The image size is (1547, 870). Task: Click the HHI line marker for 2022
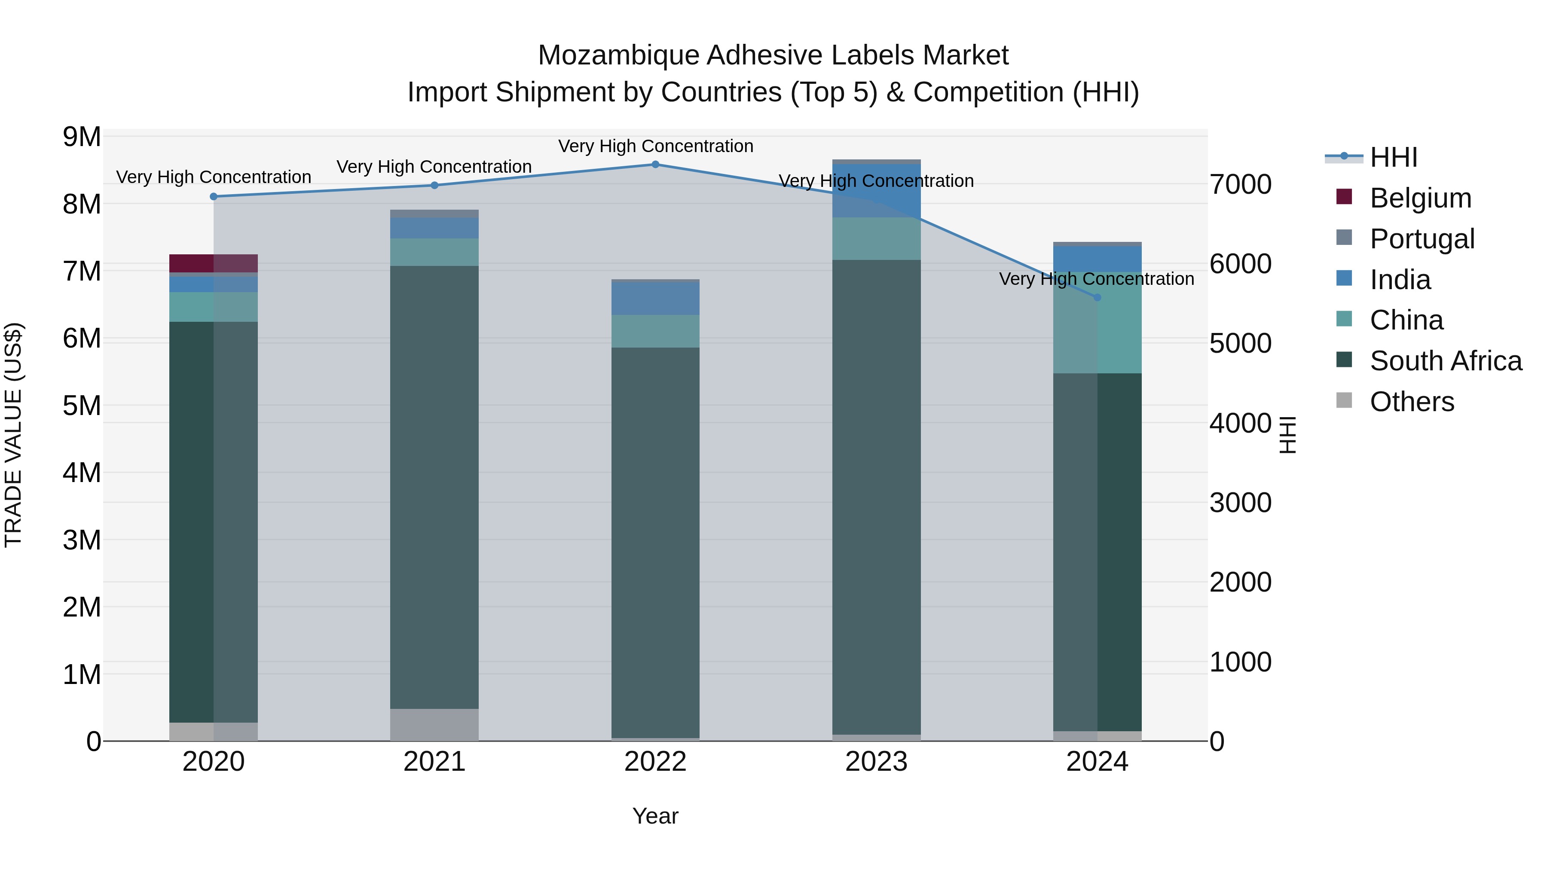pyautogui.click(x=655, y=165)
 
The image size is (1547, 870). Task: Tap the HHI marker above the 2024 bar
pyautogui.click(x=1097, y=297)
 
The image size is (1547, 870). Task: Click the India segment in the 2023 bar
pyautogui.click(x=876, y=191)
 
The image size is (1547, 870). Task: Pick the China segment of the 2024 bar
pyautogui.click(x=1097, y=322)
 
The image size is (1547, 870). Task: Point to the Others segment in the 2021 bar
pyautogui.click(x=434, y=725)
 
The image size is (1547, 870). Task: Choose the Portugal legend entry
pyautogui.click(x=1421, y=239)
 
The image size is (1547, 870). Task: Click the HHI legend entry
pyautogui.click(x=1393, y=157)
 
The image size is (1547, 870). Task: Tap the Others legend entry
pyautogui.click(x=1411, y=402)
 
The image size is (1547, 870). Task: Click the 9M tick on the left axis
pyautogui.click(x=82, y=137)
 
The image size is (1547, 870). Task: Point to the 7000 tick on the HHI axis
pyautogui.click(x=1240, y=184)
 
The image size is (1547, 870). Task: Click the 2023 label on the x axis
pyautogui.click(x=876, y=762)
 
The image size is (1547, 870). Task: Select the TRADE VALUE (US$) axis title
pyautogui.click(x=14, y=435)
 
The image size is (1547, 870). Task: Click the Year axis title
pyautogui.click(x=655, y=816)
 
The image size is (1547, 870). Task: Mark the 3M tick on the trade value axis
pyautogui.click(x=82, y=540)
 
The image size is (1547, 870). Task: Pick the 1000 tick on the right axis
pyautogui.click(x=1240, y=662)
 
